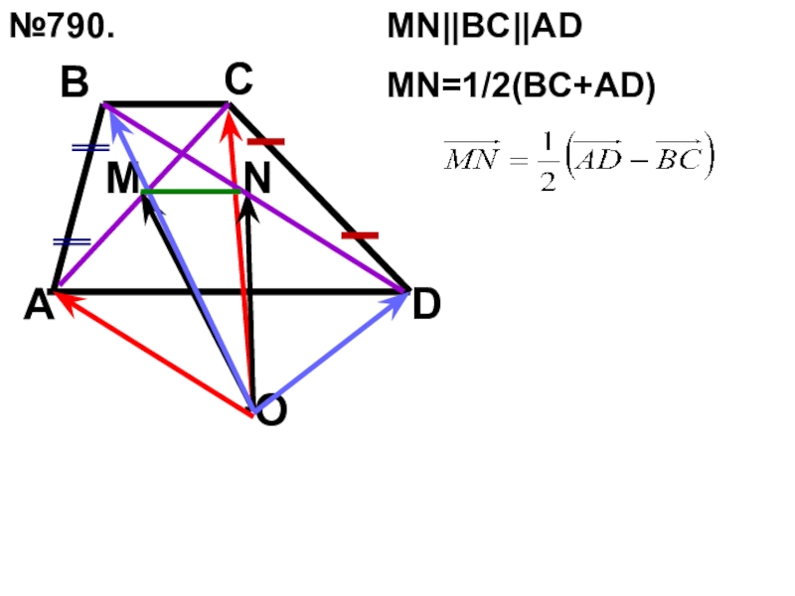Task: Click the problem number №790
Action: [61, 28]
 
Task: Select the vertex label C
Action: [238, 78]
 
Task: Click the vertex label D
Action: [426, 306]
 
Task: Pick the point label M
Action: [122, 180]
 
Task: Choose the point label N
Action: [257, 179]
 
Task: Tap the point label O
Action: [271, 410]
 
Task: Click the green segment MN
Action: [194, 191]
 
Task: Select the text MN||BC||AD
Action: [484, 28]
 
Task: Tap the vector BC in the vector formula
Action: [679, 159]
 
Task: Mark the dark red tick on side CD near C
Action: [266, 142]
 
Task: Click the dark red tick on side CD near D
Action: [360, 235]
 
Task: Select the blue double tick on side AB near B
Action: [90, 148]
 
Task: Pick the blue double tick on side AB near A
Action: [72, 241]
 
